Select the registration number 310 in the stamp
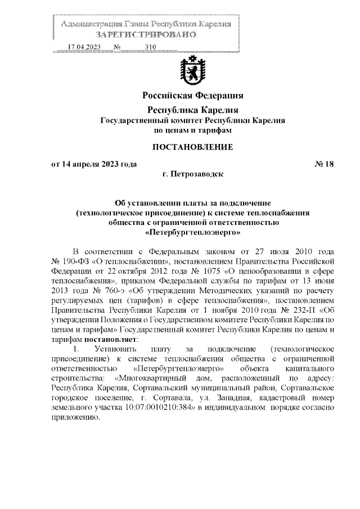[x=150, y=47]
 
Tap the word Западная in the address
[x=227, y=398]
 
